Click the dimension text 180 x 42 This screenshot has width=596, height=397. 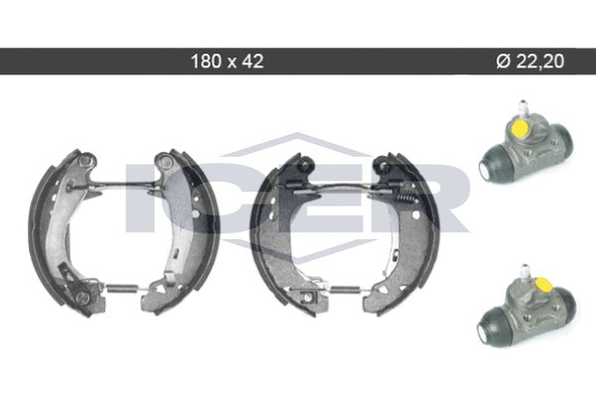tap(226, 61)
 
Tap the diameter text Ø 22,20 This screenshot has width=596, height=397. tap(530, 61)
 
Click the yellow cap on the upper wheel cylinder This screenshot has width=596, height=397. tap(520, 128)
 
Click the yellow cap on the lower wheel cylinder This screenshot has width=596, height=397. tap(542, 283)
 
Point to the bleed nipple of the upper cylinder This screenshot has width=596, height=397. tap(522, 107)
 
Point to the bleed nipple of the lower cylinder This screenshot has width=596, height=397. tap(525, 272)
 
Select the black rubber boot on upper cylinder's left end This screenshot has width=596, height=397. tap(493, 162)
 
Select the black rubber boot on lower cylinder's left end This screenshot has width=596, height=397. tap(492, 326)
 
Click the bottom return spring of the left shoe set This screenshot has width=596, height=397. tap(122, 289)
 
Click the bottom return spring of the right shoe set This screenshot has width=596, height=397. tap(344, 290)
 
